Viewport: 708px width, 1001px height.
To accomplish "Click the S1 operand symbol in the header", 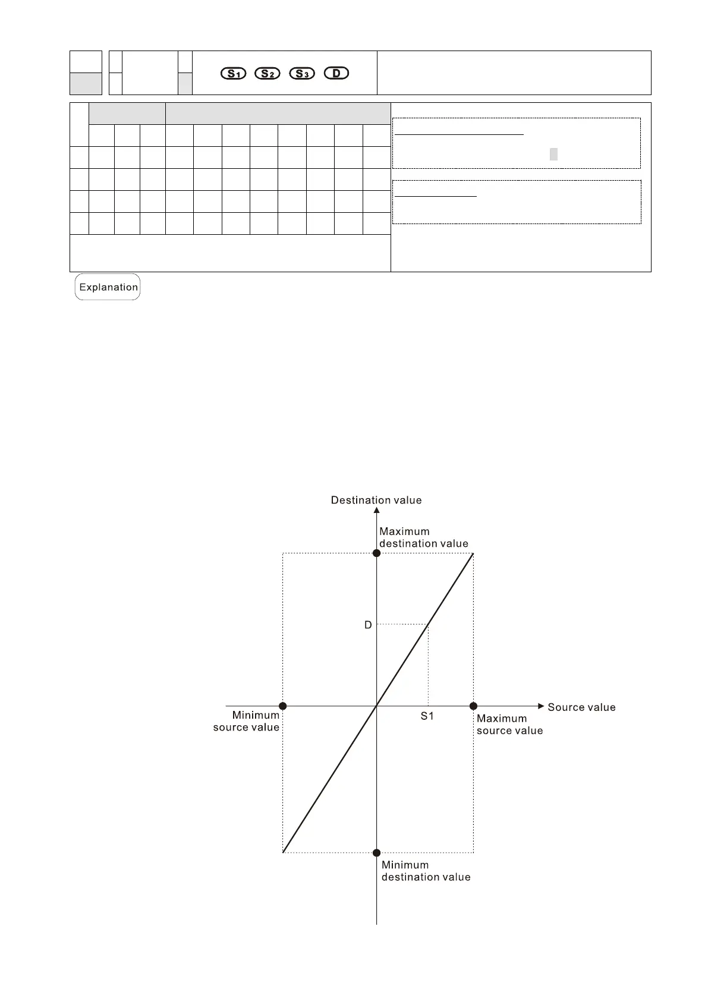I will point(233,74).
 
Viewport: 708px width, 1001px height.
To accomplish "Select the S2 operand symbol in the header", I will point(267,74).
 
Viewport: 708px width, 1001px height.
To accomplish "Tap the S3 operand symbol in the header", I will point(301,74).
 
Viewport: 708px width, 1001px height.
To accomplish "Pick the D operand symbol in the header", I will point(336,74).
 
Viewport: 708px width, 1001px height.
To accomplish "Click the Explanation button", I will point(108,287).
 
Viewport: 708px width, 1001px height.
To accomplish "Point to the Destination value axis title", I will point(376,501).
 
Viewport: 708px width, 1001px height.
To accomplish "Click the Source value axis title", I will point(581,707).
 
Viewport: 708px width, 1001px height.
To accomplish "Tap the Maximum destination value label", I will point(423,537).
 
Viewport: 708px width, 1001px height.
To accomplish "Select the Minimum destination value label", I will point(426,871).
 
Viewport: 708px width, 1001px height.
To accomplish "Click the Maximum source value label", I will point(509,725).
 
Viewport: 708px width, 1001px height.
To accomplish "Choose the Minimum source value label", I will point(246,721).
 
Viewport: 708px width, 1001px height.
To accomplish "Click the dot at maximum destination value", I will point(376,553).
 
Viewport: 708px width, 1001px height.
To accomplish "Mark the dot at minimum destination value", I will point(376,853).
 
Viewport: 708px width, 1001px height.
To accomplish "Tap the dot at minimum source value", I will point(283,706).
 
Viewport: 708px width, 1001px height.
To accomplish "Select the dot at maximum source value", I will point(473,706).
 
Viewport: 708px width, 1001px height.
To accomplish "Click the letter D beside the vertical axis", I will point(368,625).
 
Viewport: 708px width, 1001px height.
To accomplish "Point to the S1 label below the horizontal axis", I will point(427,716).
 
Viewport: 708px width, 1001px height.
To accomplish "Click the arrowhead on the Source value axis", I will point(540,706).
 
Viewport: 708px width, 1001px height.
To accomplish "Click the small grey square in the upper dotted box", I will point(553,155).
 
